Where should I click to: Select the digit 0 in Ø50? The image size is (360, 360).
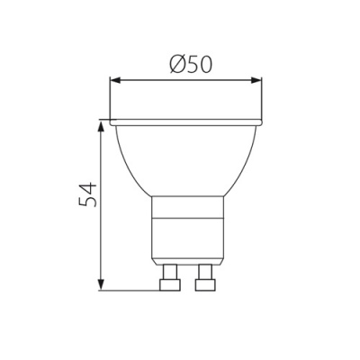(x=204, y=65)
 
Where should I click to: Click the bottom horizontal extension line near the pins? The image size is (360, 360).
(x=126, y=291)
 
